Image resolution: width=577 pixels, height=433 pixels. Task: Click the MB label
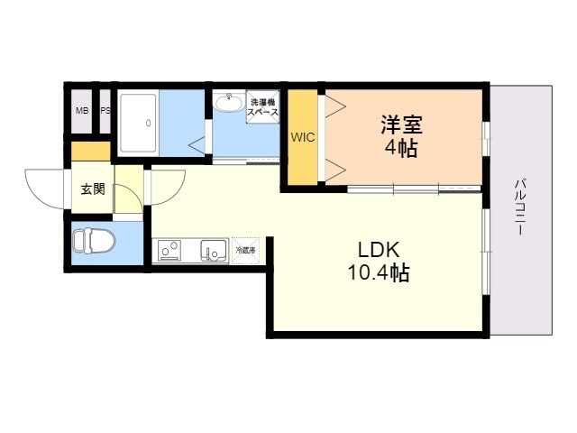[82, 111]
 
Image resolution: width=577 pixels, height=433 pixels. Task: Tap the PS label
[105, 111]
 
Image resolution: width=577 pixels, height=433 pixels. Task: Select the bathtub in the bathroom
[140, 123]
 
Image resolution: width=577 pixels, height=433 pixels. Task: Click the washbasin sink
[229, 104]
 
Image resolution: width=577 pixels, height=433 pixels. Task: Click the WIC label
[303, 137]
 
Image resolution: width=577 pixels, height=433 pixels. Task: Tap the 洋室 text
[401, 124]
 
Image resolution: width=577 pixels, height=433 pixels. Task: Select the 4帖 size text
[401, 149]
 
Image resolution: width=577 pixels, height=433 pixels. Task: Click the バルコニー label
[520, 207]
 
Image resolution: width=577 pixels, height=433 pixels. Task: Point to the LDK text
[379, 250]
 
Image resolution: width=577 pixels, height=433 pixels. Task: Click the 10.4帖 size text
[379, 272]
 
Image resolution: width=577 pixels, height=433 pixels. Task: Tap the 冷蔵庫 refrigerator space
[245, 250]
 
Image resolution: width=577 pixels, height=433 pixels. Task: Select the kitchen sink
[213, 250]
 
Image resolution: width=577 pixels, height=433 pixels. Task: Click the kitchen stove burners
[169, 250]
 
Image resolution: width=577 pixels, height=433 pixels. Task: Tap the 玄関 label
[92, 189]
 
